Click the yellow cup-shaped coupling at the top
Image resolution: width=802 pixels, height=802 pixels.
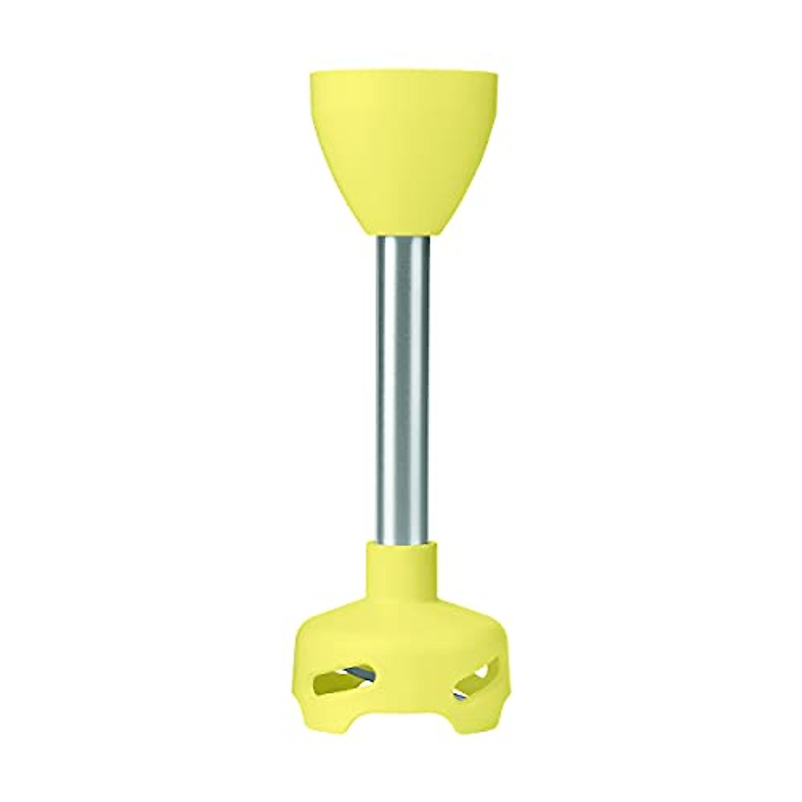[x=401, y=154]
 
